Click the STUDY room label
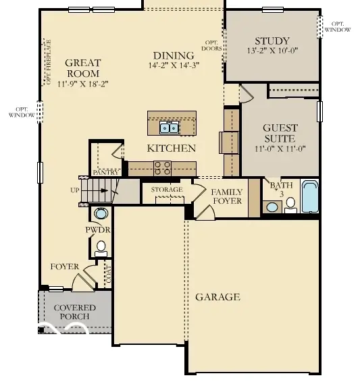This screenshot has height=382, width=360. (272, 40)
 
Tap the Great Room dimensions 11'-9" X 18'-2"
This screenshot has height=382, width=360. (82, 84)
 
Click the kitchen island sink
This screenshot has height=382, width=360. (169, 127)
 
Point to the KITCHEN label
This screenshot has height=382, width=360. (172, 148)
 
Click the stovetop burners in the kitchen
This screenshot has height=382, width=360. (163, 167)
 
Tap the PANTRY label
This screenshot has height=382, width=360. (105, 173)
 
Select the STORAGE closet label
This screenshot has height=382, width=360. (166, 190)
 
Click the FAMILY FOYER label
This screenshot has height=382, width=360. (227, 196)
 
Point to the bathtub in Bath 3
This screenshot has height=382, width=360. (310, 196)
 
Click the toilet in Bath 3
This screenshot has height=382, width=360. (290, 204)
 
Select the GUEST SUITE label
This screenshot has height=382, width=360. (280, 132)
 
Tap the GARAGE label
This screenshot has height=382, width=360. (217, 297)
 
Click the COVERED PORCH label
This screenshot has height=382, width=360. (74, 312)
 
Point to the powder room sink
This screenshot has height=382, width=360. (101, 214)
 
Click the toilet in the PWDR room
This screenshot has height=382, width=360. (101, 247)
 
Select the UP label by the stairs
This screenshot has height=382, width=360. (74, 190)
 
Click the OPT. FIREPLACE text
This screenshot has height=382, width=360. (48, 62)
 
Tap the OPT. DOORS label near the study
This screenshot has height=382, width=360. (213, 45)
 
